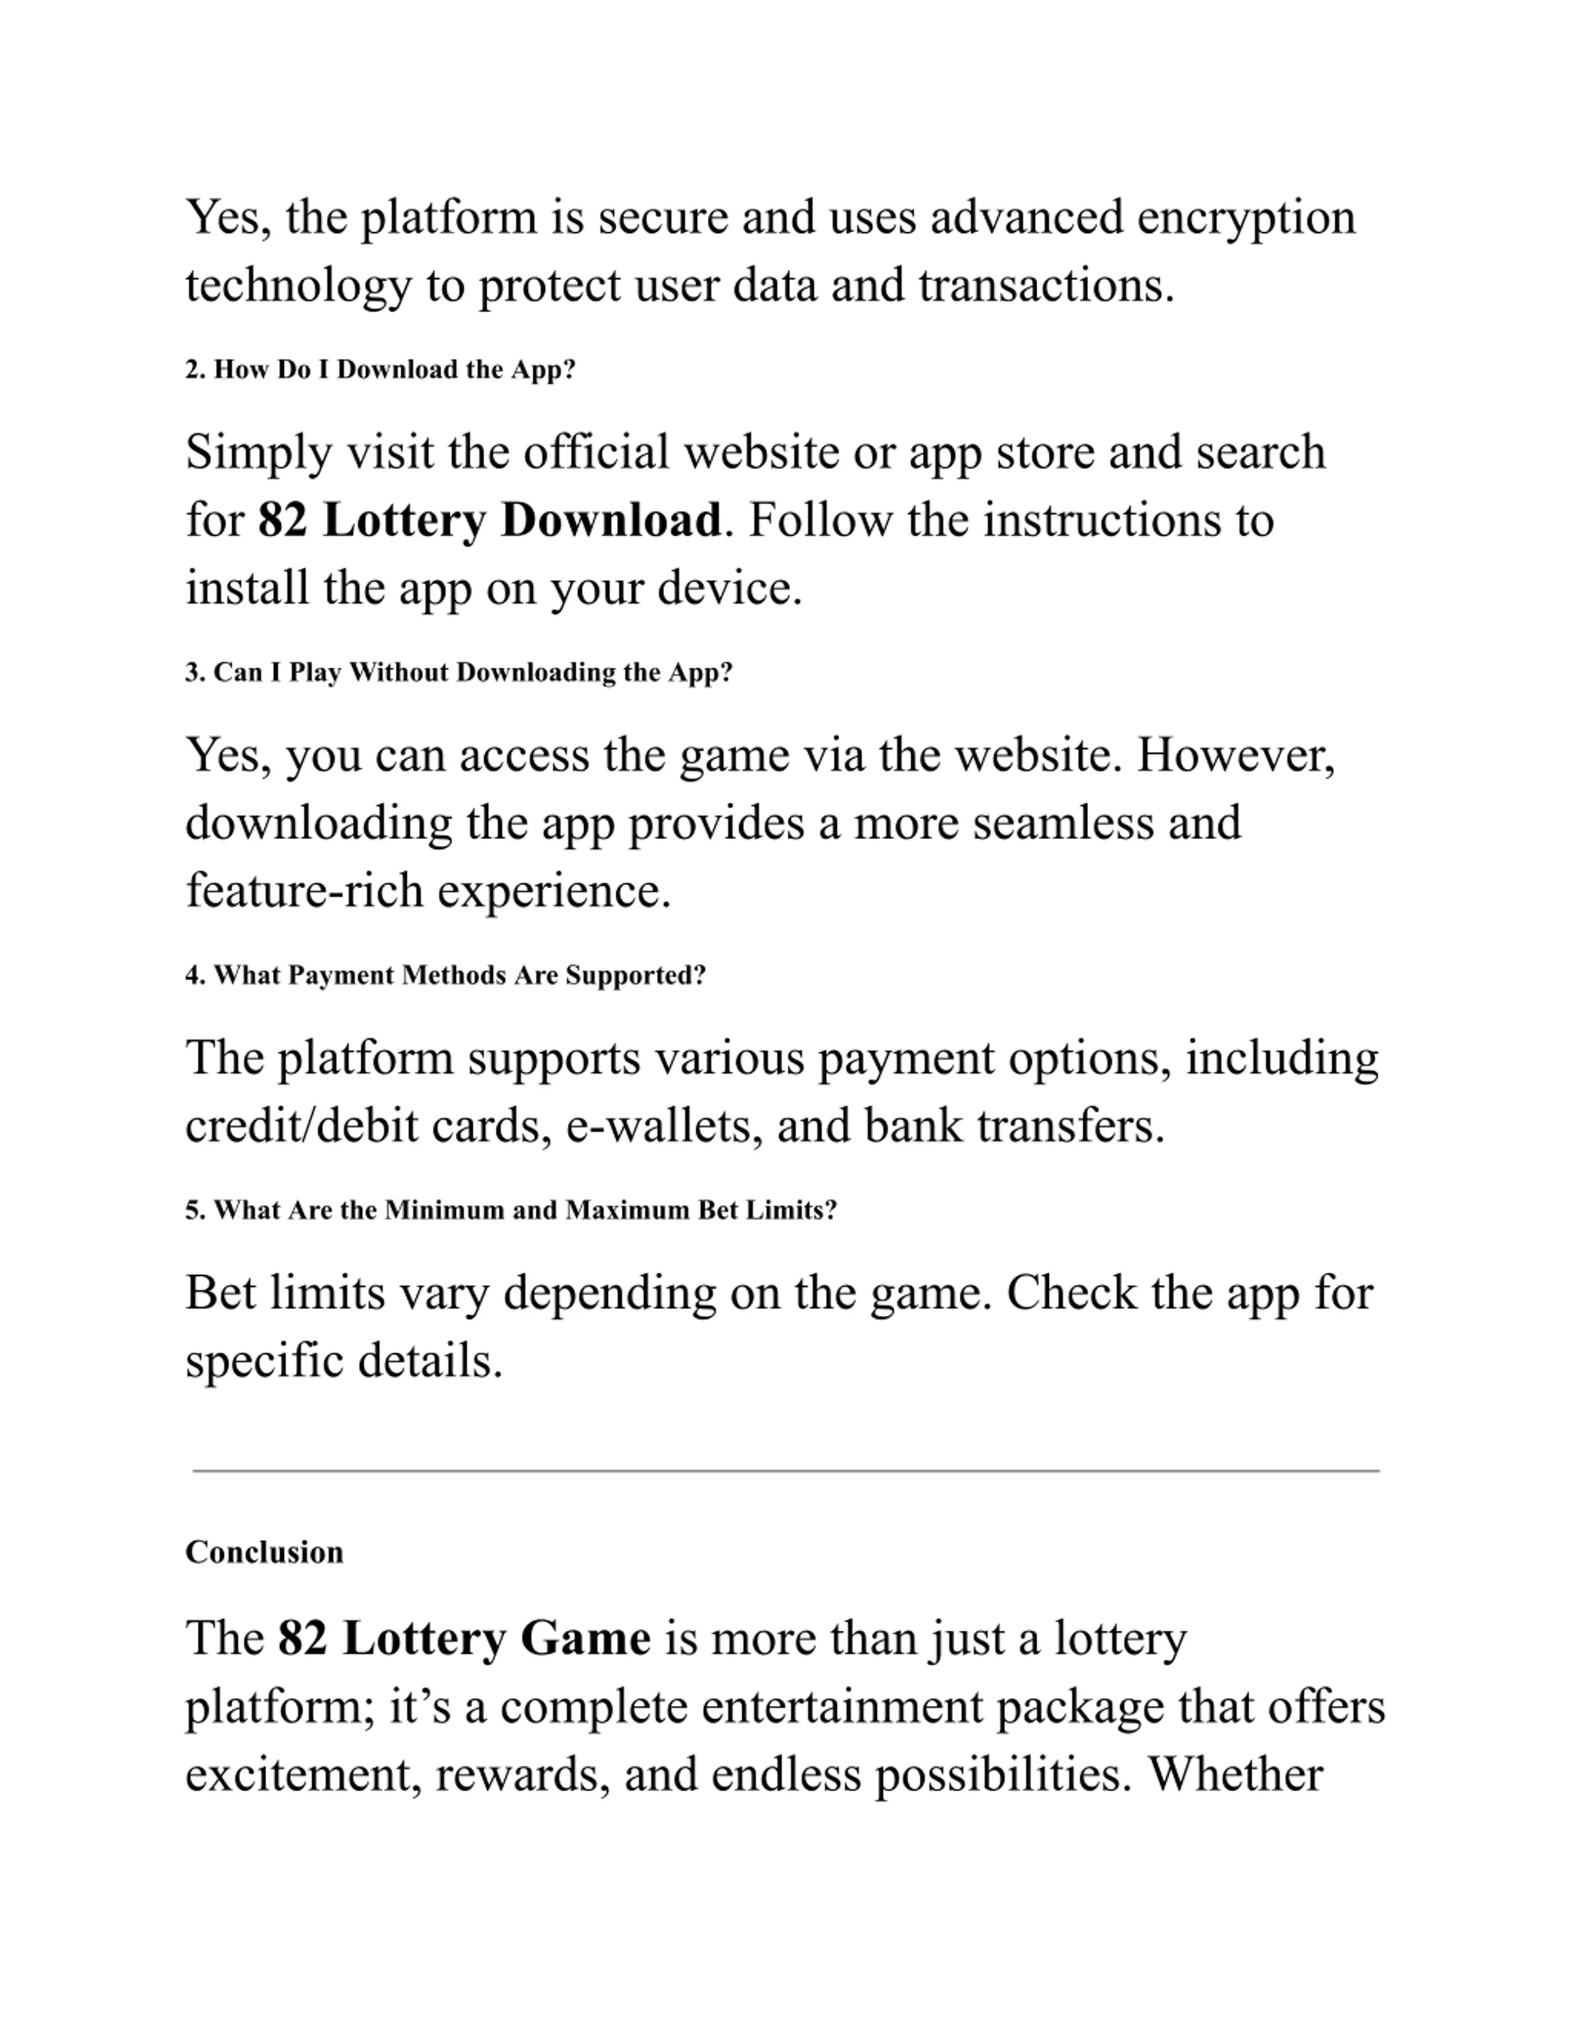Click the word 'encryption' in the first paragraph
click(x=1246, y=219)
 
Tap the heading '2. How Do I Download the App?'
click(x=380, y=370)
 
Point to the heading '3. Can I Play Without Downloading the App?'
click(x=458, y=673)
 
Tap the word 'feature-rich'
click(x=305, y=891)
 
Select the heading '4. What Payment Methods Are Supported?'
click(x=445, y=975)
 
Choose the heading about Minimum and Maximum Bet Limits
click(x=511, y=1211)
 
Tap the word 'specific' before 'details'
click(x=265, y=1362)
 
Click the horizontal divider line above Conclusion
click(x=785, y=1471)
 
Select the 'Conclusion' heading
click(x=265, y=1552)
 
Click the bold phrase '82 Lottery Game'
click(x=464, y=1639)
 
